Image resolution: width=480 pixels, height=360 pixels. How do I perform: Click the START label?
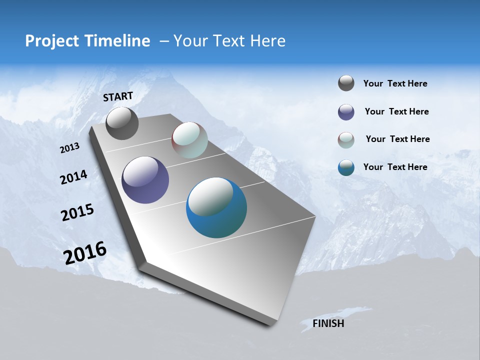coord(118,96)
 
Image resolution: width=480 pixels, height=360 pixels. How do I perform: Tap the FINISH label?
coord(328,323)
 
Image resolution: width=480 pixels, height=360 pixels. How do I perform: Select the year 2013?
coord(70,148)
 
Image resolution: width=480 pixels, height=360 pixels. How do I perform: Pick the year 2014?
coord(73,177)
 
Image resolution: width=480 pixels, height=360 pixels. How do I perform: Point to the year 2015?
coord(77,212)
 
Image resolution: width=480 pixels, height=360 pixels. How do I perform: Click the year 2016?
coord(85,253)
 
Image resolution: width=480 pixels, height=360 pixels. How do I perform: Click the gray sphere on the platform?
coord(122,123)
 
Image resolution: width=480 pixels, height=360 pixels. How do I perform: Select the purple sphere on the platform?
coord(145,180)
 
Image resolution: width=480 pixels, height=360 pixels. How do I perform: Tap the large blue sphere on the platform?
coord(216,207)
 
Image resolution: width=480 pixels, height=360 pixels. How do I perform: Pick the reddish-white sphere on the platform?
coord(189,140)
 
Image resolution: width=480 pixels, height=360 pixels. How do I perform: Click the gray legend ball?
coord(346,83)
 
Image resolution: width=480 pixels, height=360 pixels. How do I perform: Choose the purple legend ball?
coord(346,112)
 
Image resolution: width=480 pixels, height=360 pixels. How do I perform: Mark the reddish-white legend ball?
coord(346,140)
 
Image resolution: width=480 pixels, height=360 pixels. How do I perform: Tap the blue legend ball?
coord(346,167)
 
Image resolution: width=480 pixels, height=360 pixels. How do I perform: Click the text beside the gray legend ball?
coord(395,83)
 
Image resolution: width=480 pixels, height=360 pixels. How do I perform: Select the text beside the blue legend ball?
coord(395,167)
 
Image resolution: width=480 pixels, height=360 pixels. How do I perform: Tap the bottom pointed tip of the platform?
coord(270,325)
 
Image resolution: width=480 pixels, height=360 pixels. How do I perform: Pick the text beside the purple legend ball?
coord(396,111)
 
